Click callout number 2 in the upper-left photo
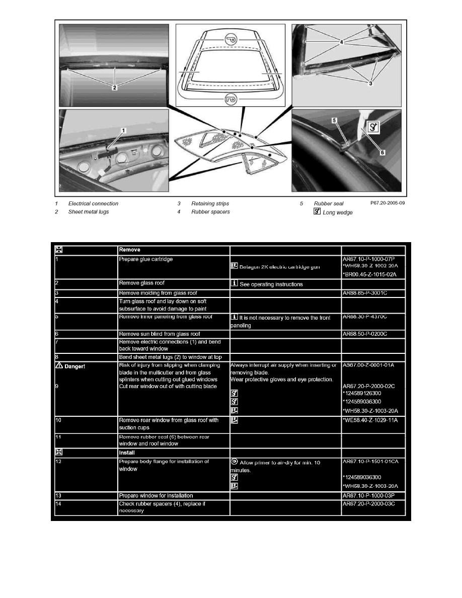click(115, 87)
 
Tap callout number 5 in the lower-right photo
click(334, 120)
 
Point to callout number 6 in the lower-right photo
click(382, 153)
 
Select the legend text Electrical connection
click(93, 204)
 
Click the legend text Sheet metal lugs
click(89, 212)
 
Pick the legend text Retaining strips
click(210, 204)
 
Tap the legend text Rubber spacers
click(210, 212)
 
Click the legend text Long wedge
click(338, 212)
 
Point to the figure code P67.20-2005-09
click(387, 203)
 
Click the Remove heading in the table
click(128, 249)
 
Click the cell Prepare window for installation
click(156, 496)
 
